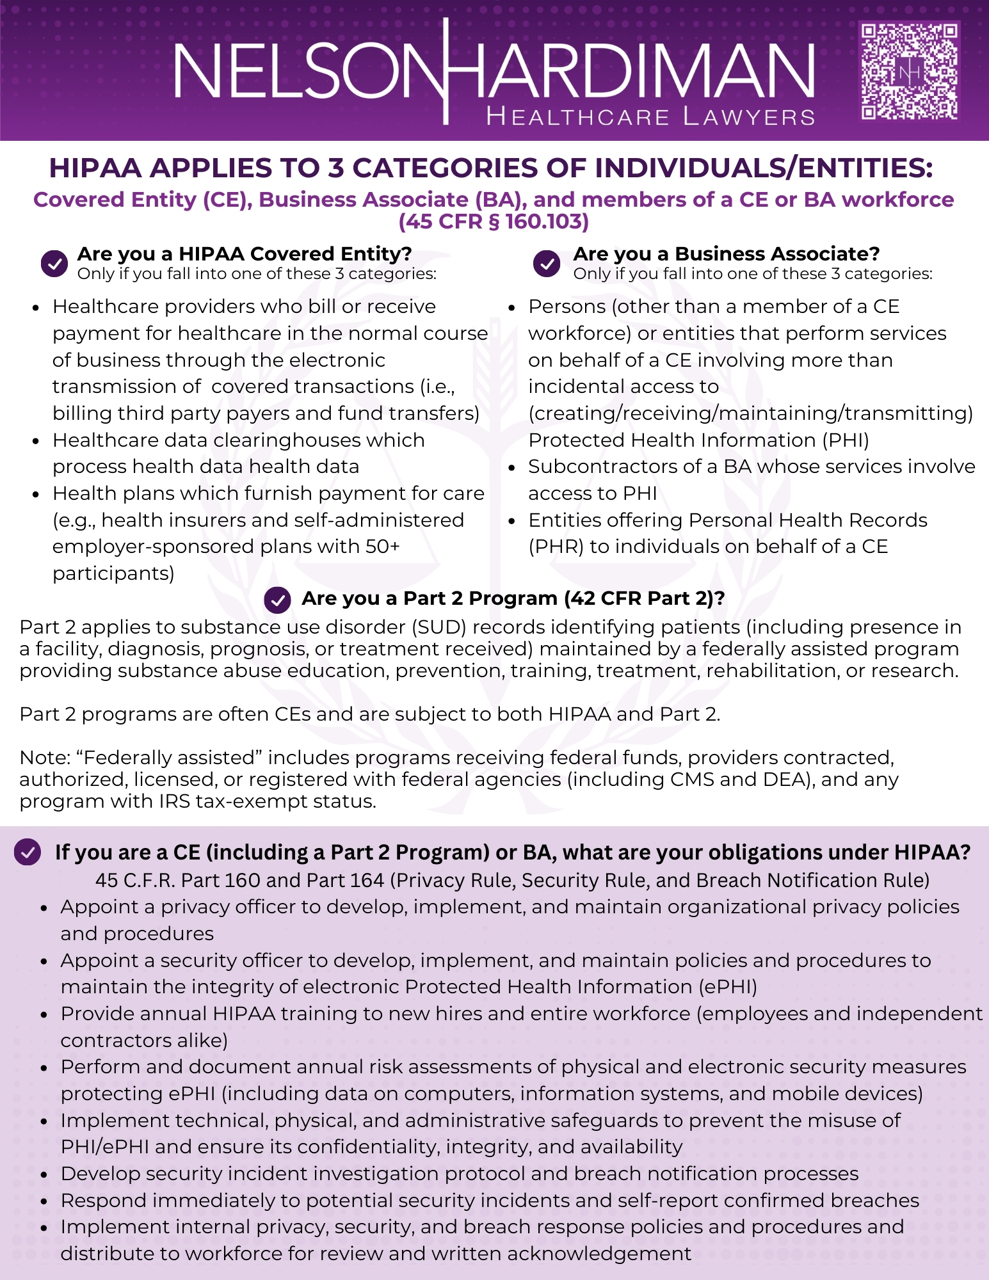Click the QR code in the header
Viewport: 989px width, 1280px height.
click(909, 71)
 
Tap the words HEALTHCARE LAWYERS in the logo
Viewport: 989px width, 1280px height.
click(650, 117)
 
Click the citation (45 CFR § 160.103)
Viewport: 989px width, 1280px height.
click(494, 221)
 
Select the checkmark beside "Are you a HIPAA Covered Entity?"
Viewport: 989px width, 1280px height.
click(54, 263)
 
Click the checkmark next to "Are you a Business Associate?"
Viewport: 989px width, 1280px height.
click(547, 263)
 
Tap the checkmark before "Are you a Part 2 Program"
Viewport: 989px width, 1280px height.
click(277, 600)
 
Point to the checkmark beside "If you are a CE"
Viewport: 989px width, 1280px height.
click(28, 852)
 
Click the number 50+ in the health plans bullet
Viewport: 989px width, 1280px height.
click(382, 547)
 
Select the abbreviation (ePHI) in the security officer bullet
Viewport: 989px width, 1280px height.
click(728, 987)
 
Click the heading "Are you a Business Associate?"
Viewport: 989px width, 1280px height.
click(727, 254)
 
